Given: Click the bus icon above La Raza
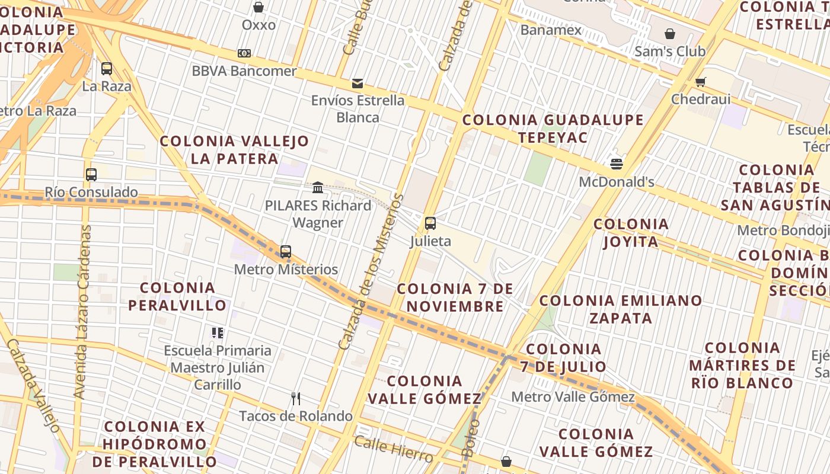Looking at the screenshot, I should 107,69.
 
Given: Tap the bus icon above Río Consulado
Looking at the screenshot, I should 91,175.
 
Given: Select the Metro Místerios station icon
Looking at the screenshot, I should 286,252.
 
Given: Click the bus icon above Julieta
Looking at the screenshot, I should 430,224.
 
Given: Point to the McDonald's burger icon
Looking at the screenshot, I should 617,164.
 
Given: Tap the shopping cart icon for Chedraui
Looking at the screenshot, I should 701,82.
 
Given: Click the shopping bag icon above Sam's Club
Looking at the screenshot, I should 670,34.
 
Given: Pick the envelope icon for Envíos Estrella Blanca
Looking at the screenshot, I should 357,84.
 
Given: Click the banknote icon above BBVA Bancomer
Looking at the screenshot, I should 244,53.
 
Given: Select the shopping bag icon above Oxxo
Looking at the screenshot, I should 258,7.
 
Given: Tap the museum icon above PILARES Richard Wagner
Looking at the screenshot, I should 318,188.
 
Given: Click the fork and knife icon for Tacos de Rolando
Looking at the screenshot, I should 296,399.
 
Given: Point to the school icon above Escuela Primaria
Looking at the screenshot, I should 218,333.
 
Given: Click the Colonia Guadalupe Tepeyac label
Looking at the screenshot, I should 553,129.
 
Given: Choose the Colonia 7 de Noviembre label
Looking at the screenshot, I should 455,297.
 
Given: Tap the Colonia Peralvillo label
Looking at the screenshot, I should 178,296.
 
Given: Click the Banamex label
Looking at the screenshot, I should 551,30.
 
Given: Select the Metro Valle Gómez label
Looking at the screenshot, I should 573,397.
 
